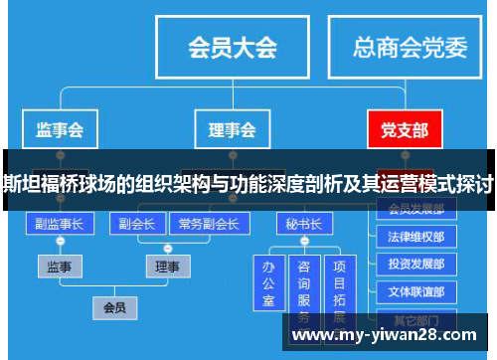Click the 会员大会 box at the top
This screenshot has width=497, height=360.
tap(233, 46)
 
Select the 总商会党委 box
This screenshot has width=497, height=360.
tap(410, 46)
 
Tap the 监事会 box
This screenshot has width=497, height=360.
tap(60, 130)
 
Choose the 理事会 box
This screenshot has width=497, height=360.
tap(232, 130)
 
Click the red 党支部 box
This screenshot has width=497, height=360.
tap(405, 130)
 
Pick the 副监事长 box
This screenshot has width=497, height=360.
tap(61, 224)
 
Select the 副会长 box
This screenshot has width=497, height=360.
tap(136, 224)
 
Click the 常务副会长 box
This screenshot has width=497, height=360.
tap(208, 224)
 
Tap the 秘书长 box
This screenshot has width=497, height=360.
tap(303, 224)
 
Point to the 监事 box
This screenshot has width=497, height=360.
tap(61, 267)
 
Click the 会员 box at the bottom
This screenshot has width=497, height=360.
tap(114, 308)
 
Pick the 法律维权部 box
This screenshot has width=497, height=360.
tap(416, 238)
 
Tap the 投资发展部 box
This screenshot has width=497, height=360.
tap(416, 266)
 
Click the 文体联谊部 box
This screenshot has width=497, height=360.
tap(416, 293)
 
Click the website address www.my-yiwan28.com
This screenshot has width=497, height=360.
tap(389, 336)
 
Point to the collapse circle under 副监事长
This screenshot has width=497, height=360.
tap(61, 242)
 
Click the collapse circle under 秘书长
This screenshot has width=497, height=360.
tap(303, 242)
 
